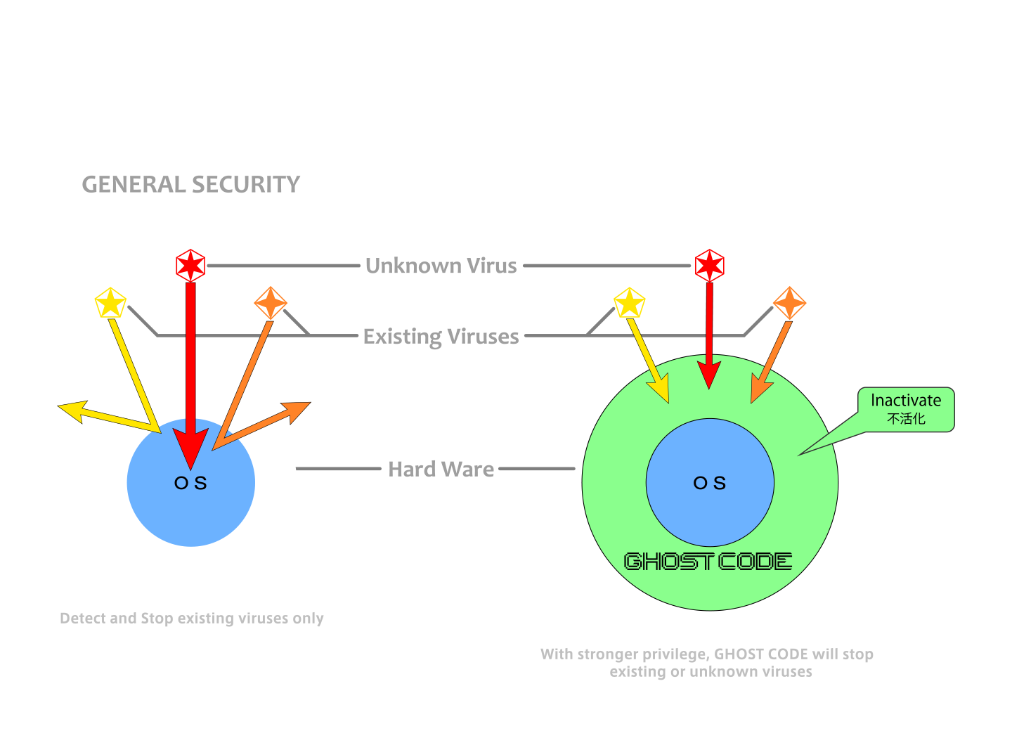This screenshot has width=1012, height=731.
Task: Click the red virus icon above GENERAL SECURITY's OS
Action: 190,265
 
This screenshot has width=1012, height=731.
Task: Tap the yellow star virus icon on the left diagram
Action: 110,304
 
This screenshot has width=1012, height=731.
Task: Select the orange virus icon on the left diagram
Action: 271,303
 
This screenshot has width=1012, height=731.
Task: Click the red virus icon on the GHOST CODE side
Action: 710,265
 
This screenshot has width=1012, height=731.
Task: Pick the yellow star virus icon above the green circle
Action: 629,303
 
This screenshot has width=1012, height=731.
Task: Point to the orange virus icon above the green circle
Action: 789,303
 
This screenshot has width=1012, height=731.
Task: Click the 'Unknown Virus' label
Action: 441,266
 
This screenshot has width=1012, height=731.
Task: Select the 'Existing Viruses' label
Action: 441,337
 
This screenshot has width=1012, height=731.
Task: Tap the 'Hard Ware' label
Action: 441,469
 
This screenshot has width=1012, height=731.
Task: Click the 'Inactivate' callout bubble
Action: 906,408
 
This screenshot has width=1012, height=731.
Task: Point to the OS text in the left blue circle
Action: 190,484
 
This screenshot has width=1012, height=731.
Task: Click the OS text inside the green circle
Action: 710,484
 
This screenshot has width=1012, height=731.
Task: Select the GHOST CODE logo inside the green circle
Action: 708,562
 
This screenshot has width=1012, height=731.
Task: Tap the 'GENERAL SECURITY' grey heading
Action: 190,184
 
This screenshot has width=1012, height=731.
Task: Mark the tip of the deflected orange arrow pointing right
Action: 306,405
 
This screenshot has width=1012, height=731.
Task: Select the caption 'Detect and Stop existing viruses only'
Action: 191,619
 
